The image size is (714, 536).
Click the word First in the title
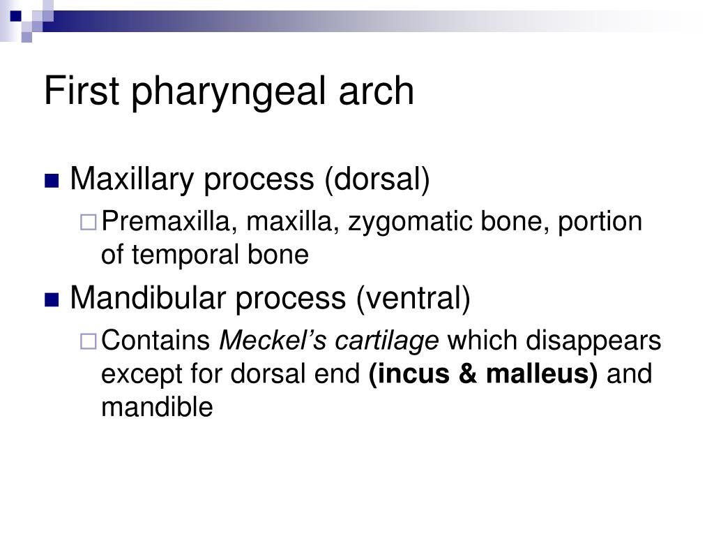click(82, 91)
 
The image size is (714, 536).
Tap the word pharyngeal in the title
click(229, 94)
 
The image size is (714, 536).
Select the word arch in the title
click(376, 91)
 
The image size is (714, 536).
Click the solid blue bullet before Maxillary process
click(52, 181)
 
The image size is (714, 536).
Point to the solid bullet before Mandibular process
click(52, 300)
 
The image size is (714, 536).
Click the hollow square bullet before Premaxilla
click(89, 223)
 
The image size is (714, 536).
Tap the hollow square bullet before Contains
click(89, 341)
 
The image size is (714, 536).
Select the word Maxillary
click(132, 180)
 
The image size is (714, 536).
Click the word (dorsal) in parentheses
click(377, 179)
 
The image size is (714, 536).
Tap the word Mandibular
click(149, 298)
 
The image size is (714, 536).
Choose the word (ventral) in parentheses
click(413, 299)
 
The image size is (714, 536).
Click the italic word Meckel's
click(273, 341)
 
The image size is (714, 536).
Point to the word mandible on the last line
click(157, 406)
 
